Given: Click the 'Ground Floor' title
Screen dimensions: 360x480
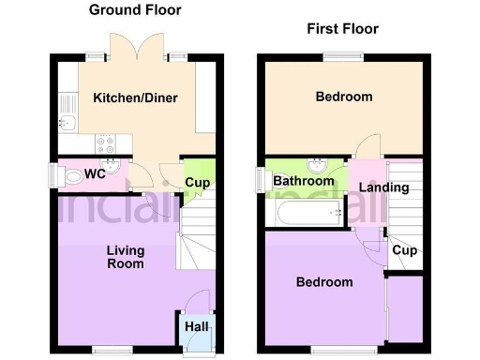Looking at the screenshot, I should coord(135,10).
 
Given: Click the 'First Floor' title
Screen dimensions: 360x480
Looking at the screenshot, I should coord(342,29).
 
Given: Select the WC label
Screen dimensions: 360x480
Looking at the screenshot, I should coord(94,173).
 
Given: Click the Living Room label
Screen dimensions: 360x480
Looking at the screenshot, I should coord(125,257).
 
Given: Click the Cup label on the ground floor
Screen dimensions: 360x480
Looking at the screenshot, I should coord(196,182).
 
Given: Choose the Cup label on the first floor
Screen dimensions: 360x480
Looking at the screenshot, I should coord(404,250).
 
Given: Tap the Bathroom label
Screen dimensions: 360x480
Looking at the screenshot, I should coord(304,181).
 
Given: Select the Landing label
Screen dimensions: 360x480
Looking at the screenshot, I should coord(384,187).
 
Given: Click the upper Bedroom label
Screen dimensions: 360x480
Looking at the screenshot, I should coord(343,97).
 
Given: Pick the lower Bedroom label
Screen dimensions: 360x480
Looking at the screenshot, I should coord(324,282).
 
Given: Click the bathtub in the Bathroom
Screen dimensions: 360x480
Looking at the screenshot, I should coord(306,215).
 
